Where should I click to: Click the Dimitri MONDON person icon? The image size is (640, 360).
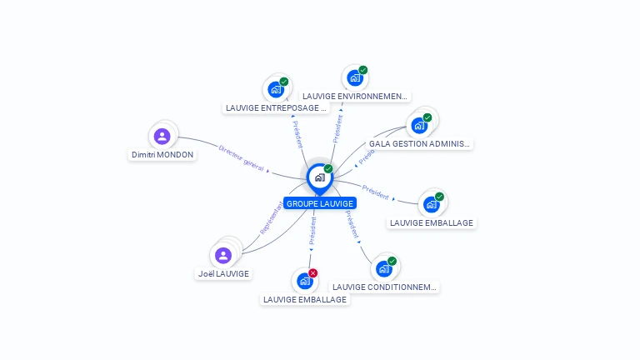162,136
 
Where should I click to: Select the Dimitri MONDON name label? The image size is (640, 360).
162,155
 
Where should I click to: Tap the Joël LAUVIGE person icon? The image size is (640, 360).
222,255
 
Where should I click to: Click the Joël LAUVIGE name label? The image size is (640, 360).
223,273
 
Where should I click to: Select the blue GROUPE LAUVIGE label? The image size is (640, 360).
320,203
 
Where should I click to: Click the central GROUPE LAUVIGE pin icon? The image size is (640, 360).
319,177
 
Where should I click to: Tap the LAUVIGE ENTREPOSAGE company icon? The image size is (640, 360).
276,89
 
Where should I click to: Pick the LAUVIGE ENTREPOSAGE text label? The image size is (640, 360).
277,108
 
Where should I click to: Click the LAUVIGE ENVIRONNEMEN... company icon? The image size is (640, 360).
355,77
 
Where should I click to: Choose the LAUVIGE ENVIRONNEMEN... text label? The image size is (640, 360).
355,97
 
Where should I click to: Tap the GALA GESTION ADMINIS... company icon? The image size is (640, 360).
419,125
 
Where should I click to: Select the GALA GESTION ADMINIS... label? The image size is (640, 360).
420,144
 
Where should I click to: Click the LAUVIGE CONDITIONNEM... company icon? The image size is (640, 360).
383,268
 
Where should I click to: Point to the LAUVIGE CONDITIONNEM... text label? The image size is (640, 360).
384,287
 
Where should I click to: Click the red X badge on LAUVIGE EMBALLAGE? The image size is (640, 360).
313,273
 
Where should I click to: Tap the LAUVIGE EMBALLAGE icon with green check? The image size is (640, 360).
431,204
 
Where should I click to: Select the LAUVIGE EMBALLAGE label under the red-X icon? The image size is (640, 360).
305,300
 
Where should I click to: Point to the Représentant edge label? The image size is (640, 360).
272,217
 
